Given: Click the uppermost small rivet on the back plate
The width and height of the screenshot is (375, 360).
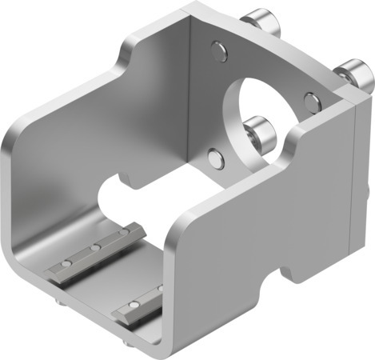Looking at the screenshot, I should click(218, 53).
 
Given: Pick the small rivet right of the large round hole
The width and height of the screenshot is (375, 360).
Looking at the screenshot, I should click(311, 101).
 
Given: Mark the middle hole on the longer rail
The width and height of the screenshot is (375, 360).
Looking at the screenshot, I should click(94, 251).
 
